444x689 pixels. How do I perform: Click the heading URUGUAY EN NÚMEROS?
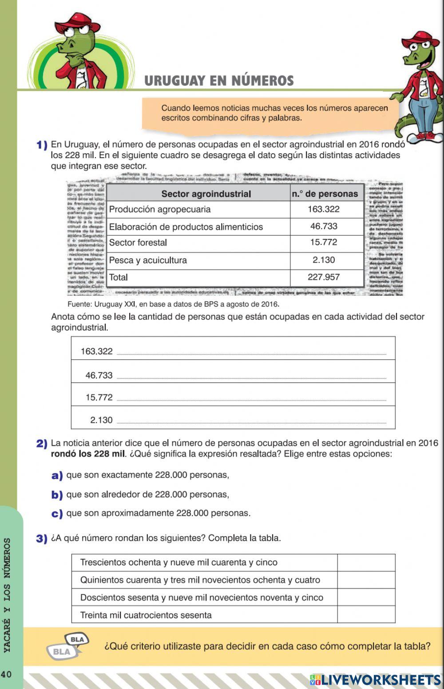(x=219, y=81)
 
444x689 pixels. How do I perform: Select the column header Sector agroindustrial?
(x=206, y=194)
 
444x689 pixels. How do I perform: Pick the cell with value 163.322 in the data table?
(x=323, y=209)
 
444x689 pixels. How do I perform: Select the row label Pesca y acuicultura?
(x=148, y=260)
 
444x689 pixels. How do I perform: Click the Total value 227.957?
(x=323, y=277)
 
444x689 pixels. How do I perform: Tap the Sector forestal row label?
(x=138, y=243)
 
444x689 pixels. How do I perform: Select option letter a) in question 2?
(x=57, y=475)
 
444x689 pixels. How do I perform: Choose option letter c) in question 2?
(x=57, y=514)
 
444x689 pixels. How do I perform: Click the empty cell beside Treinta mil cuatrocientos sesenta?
(x=366, y=615)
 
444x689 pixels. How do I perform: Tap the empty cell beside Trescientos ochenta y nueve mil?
(x=366, y=562)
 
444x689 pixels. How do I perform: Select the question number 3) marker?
(x=41, y=538)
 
